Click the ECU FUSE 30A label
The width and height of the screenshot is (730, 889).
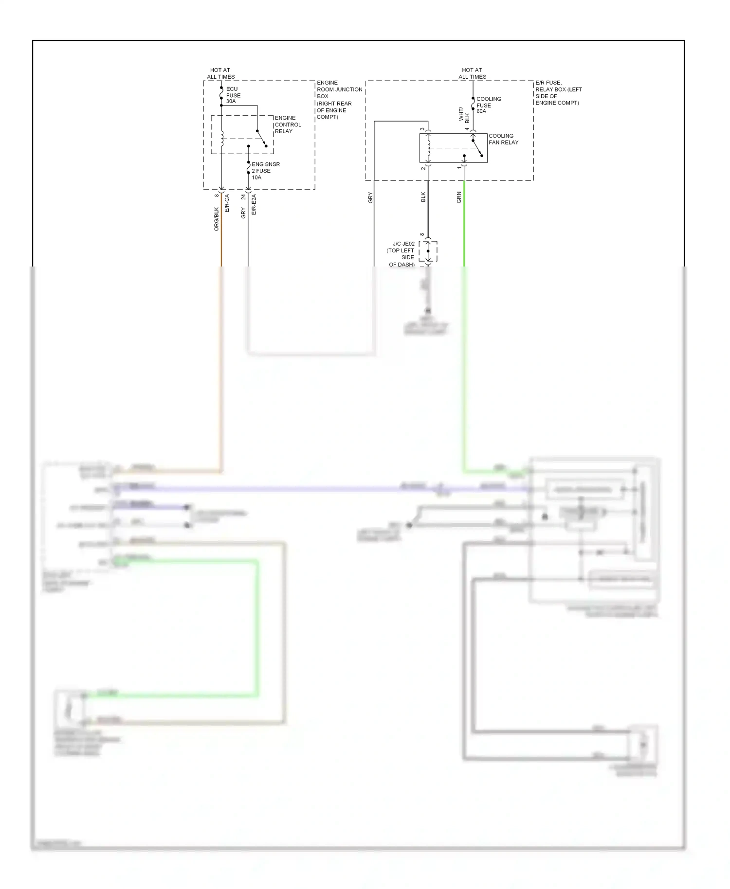tap(233, 95)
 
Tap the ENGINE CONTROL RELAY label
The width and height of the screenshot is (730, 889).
tap(287, 124)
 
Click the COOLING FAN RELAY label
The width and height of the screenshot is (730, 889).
tap(503, 139)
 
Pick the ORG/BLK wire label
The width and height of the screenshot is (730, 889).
tap(217, 219)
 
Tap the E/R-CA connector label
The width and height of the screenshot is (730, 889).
tap(227, 203)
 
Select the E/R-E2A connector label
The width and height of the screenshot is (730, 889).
tap(254, 205)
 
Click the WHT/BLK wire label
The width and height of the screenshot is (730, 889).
tap(464, 115)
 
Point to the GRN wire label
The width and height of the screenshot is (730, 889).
tap(459, 197)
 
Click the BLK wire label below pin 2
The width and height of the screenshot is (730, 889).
tap(423, 197)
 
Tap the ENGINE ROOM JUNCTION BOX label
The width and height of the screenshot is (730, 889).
tap(339, 100)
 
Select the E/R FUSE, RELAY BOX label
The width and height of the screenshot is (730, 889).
tap(558, 93)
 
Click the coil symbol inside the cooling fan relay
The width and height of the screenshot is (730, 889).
tap(428, 148)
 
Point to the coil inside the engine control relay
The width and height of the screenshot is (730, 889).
tap(221, 138)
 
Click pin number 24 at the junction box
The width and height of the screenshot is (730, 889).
tap(243, 197)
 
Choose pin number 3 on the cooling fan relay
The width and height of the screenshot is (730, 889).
tap(422, 129)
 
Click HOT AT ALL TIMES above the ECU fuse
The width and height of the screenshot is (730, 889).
tap(220, 73)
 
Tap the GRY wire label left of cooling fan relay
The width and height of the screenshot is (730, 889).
tap(370, 197)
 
